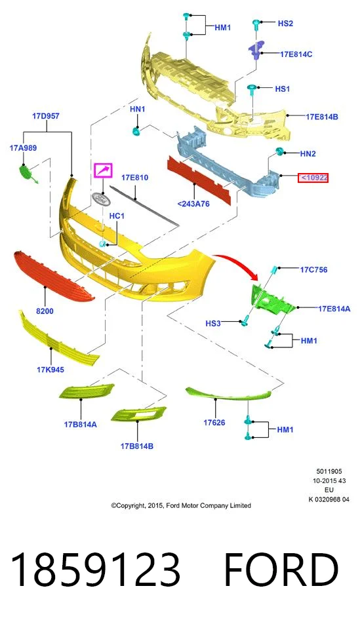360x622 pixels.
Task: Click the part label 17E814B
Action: click(x=321, y=117)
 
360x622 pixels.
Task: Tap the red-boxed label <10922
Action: click(x=313, y=178)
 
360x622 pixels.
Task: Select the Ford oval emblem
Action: click(x=101, y=199)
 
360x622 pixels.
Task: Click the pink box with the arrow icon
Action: click(x=103, y=170)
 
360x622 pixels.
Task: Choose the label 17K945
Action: click(x=50, y=370)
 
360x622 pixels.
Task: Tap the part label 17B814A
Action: click(x=80, y=425)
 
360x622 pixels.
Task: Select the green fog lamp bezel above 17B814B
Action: click(x=138, y=414)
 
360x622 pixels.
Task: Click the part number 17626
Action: click(x=214, y=423)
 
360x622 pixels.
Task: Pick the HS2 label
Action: click(x=285, y=24)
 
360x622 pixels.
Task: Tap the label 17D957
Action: click(x=46, y=116)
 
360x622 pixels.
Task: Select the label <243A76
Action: click(x=193, y=204)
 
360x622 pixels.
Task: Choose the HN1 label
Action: click(x=138, y=109)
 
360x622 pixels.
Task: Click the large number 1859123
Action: click(x=95, y=570)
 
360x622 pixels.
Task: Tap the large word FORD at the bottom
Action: click(x=281, y=570)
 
